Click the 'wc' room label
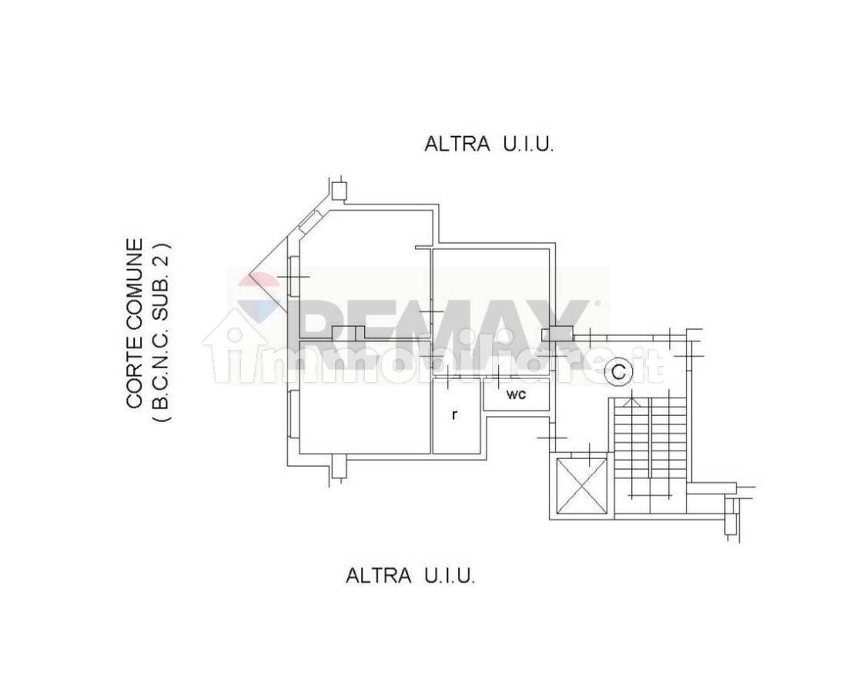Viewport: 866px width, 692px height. (515, 394)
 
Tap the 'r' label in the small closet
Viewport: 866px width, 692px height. (454, 414)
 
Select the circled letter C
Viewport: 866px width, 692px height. (619, 372)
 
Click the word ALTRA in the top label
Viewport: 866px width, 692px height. (456, 144)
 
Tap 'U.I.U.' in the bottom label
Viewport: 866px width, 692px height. (450, 576)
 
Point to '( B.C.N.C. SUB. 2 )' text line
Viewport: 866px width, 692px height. (162, 331)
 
